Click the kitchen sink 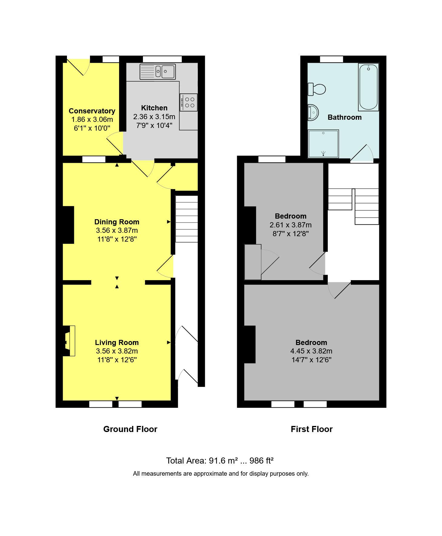(x=157, y=72)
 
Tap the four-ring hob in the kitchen (x=188, y=102)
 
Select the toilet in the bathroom (x=317, y=89)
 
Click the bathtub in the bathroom (x=368, y=87)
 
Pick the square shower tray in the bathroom (x=323, y=144)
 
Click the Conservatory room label (x=92, y=111)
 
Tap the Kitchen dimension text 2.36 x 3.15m (x=154, y=117)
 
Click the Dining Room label (x=117, y=222)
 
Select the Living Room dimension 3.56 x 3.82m (x=117, y=351)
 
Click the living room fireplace (x=69, y=341)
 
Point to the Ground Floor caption (x=130, y=429)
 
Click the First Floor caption (x=312, y=429)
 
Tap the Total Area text (x=220, y=461)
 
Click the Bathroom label (x=345, y=117)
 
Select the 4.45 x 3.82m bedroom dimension (x=311, y=351)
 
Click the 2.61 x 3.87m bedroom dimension (x=291, y=225)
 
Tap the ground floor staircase (x=187, y=219)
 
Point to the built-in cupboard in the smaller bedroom (x=253, y=262)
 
